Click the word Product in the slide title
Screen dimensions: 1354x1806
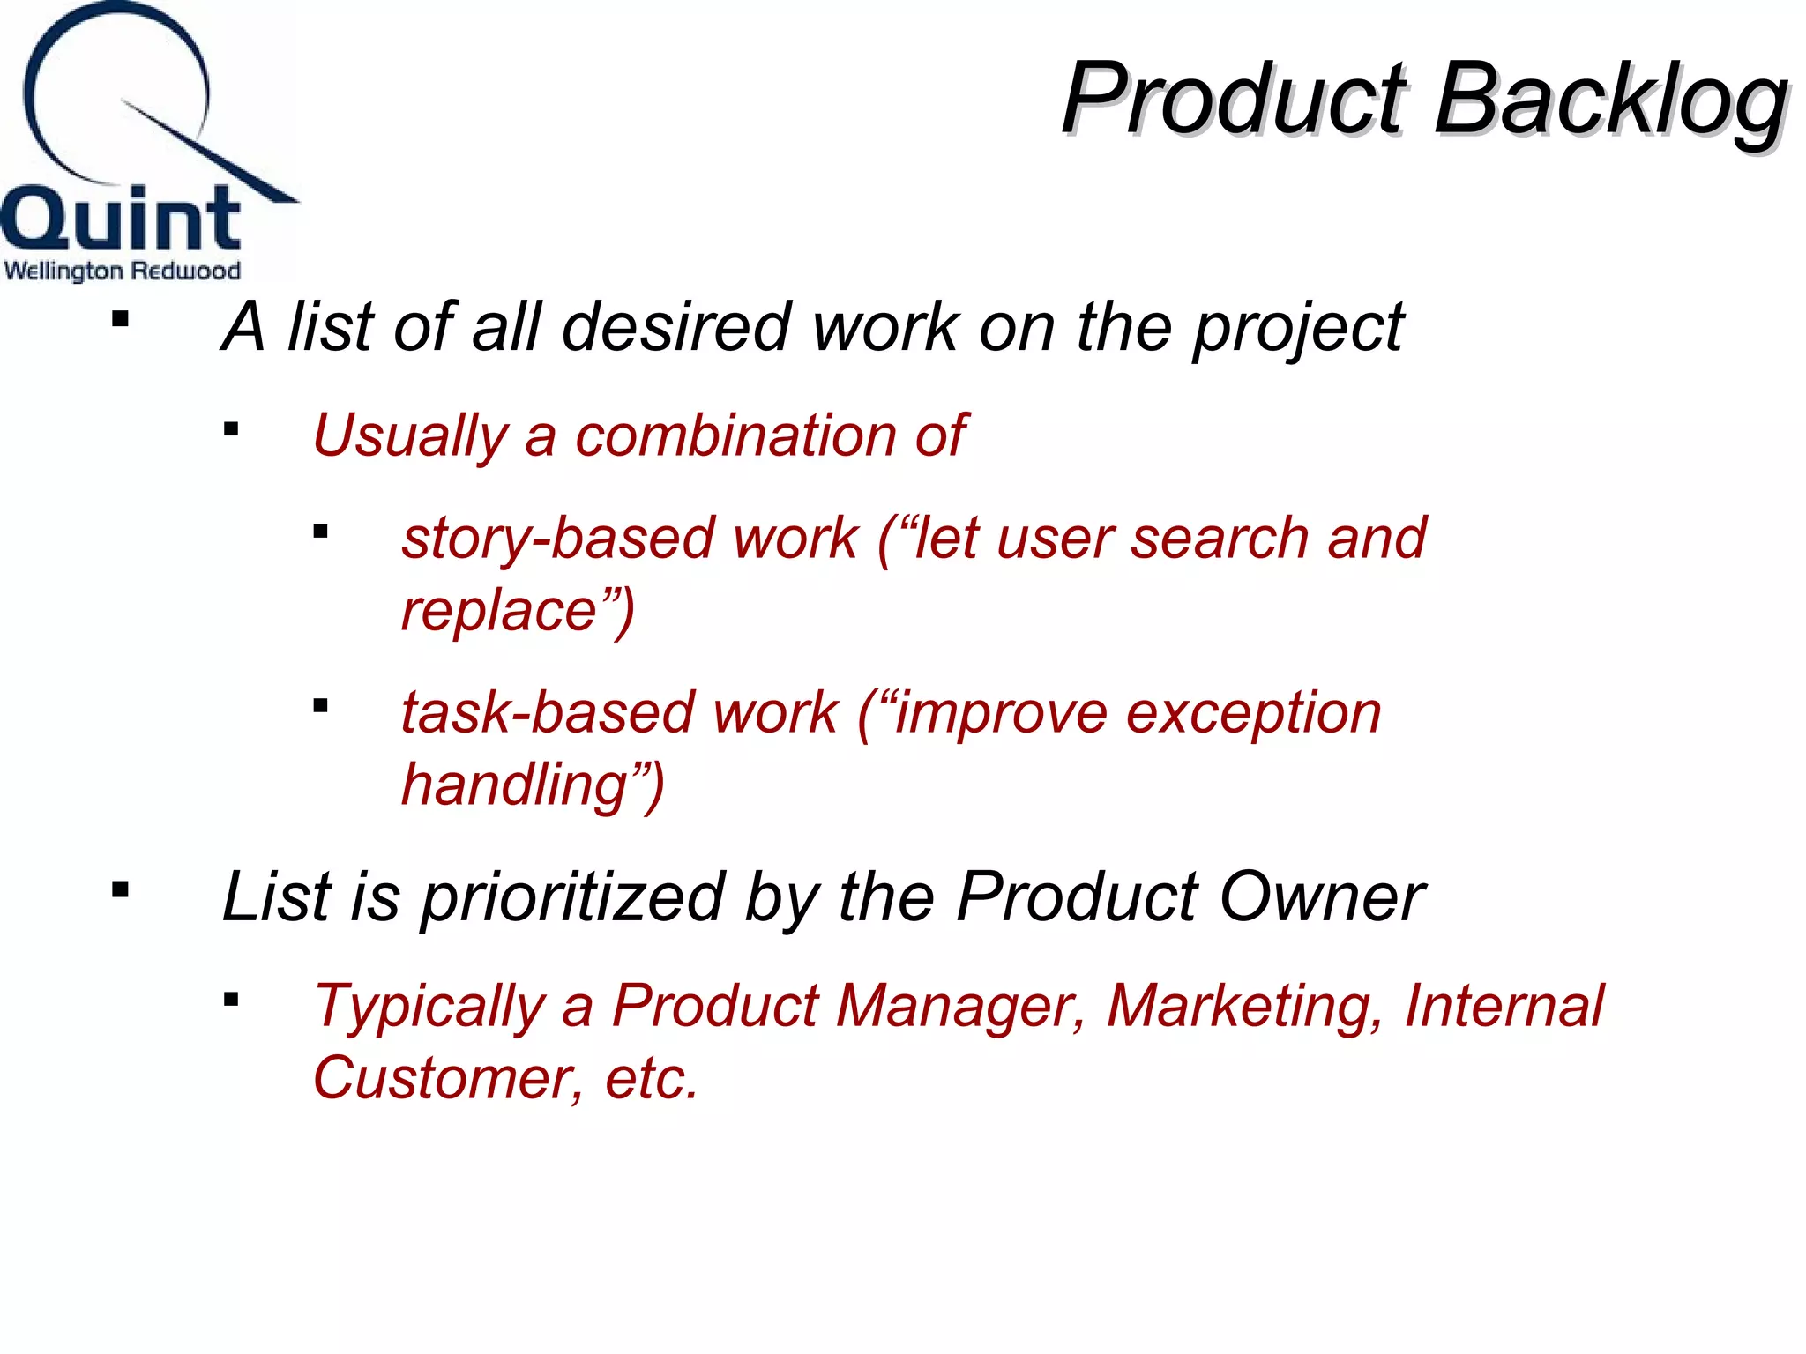(x=1235, y=99)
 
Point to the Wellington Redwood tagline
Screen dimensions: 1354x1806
(x=122, y=270)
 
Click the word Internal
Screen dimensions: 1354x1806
(x=1504, y=1006)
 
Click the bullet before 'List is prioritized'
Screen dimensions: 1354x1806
(x=121, y=890)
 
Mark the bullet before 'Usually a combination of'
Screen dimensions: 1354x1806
(x=231, y=430)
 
